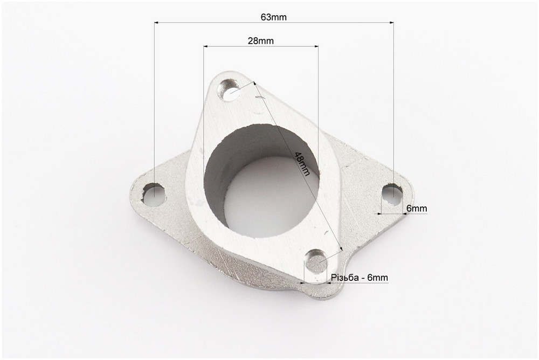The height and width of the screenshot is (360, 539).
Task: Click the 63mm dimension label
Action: point(273,17)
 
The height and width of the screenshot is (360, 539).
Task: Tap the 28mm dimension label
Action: point(261,41)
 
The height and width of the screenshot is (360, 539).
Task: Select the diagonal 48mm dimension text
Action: point(302,164)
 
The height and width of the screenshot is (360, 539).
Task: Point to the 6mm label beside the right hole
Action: point(417,209)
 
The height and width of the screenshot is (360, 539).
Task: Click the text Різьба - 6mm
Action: point(360,278)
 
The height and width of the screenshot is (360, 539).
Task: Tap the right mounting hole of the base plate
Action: point(392,195)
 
